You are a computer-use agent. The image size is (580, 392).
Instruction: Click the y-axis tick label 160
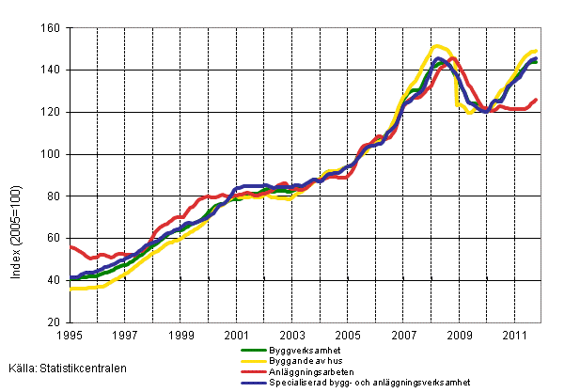click(x=52, y=28)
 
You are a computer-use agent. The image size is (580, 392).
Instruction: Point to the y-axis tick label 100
click(x=52, y=154)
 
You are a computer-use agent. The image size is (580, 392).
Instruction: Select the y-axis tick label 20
click(x=55, y=322)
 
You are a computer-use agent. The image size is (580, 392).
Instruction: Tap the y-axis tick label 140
click(x=52, y=71)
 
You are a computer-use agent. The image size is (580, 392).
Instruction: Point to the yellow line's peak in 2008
click(x=436, y=45)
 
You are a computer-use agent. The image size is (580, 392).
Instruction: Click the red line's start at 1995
click(x=71, y=246)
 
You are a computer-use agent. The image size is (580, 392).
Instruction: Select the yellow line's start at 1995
click(x=71, y=289)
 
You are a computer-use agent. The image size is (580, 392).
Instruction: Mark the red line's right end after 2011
click(x=536, y=100)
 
